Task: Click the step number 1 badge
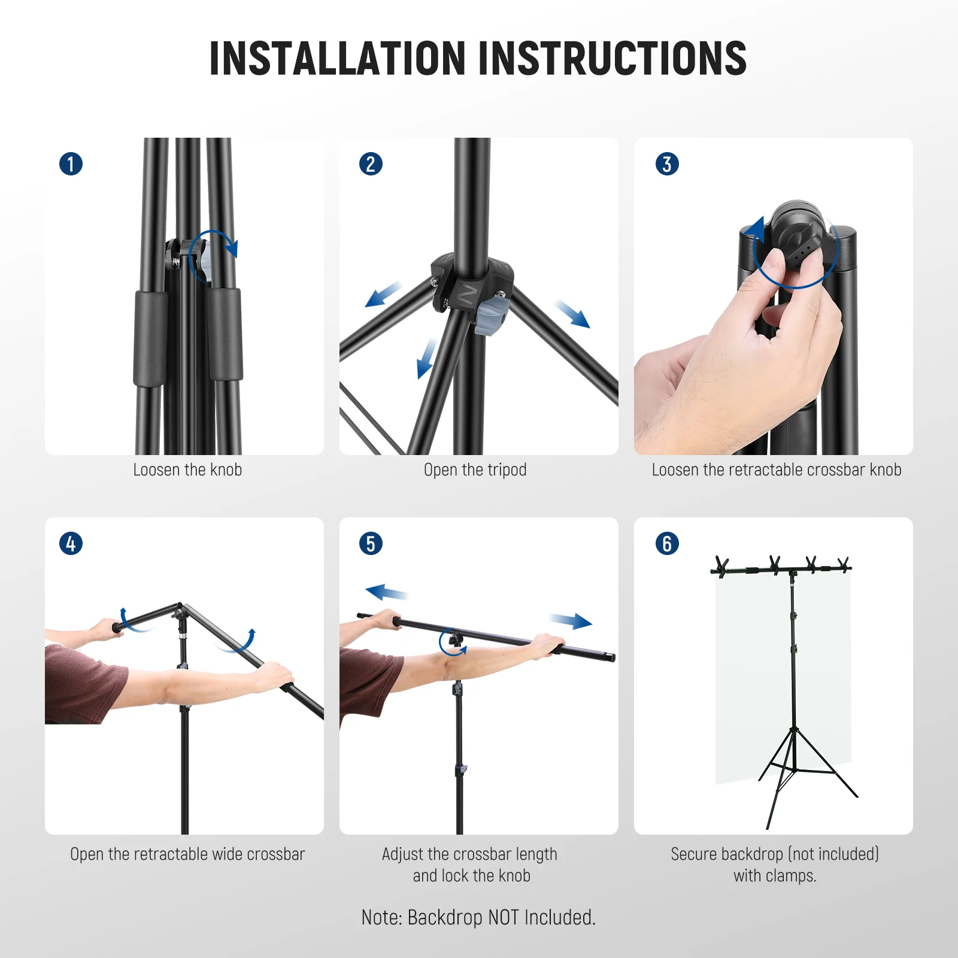(x=71, y=164)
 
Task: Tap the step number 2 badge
(x=371, y=164)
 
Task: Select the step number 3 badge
(x=667, y=164)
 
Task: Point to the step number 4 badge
(x=71, y=544)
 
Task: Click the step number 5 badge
(x=371, y=544)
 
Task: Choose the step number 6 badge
(x=667, y=544)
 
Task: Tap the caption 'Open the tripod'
(x=475, y=470)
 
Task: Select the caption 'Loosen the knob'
(x=187, y=470)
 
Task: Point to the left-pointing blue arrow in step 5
(x=386, y=593)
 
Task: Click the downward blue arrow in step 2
(x=426, y=358)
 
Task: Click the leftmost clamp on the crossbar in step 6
(x=721, y=566)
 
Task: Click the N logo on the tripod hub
(x=468, y=295)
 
